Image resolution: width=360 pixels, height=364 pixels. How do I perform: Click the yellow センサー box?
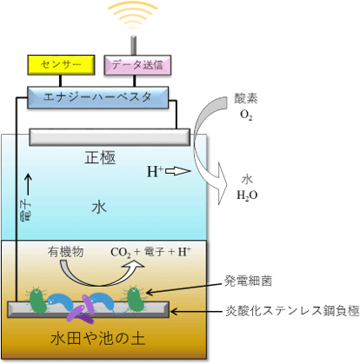61,65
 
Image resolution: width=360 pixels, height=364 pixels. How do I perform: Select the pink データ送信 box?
137,65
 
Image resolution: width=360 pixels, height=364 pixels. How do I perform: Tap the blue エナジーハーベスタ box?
97,97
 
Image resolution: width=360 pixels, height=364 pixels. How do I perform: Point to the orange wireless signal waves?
133,15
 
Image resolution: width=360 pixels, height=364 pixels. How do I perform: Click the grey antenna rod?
133,45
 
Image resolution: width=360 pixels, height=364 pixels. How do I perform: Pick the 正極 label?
100,157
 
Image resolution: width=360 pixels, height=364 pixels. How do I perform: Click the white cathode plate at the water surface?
110,137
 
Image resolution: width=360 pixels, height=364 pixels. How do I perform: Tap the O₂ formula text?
246,115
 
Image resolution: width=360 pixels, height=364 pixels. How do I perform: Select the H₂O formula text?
247,195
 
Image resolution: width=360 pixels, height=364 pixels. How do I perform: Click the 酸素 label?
246,99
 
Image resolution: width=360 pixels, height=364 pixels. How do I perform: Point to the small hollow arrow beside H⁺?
178,171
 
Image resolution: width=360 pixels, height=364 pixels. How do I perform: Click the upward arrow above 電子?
28,184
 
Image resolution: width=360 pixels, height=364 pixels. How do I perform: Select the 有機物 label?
66,252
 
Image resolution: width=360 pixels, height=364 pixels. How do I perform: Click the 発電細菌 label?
248,281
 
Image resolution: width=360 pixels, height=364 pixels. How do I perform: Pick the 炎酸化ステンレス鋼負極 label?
292,311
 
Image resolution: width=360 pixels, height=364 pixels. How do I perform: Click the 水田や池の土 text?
97,338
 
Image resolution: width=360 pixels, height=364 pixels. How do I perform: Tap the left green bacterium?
37,301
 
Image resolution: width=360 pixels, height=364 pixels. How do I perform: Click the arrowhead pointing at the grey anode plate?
173,312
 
